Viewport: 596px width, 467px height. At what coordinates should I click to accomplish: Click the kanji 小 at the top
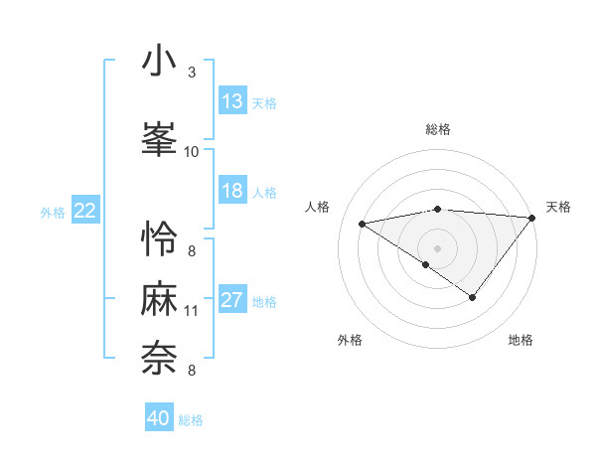159,61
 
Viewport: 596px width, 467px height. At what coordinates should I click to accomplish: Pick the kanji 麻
159,300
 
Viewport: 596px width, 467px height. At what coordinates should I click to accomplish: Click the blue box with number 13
232,101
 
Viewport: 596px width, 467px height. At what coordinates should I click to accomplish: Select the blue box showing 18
232,191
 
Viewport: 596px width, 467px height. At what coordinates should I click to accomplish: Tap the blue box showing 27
232,300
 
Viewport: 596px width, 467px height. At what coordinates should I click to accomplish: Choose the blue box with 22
85,211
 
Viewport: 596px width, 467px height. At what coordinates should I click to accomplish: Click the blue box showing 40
159,418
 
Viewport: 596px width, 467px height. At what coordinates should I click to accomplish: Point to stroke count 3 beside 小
192,73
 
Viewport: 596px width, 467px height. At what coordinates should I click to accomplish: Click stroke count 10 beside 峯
192,151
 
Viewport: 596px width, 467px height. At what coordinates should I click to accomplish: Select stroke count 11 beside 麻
192,311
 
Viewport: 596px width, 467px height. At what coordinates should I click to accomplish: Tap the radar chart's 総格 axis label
438,129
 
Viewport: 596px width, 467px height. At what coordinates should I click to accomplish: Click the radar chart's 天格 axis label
558,207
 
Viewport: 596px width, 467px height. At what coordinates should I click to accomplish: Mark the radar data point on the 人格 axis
363,223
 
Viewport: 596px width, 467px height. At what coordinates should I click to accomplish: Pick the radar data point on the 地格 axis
473,297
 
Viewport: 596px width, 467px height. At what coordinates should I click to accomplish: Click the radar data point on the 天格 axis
532,217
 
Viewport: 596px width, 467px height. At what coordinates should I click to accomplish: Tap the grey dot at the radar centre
437,247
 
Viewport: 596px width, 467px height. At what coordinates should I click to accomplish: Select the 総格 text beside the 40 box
191,420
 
